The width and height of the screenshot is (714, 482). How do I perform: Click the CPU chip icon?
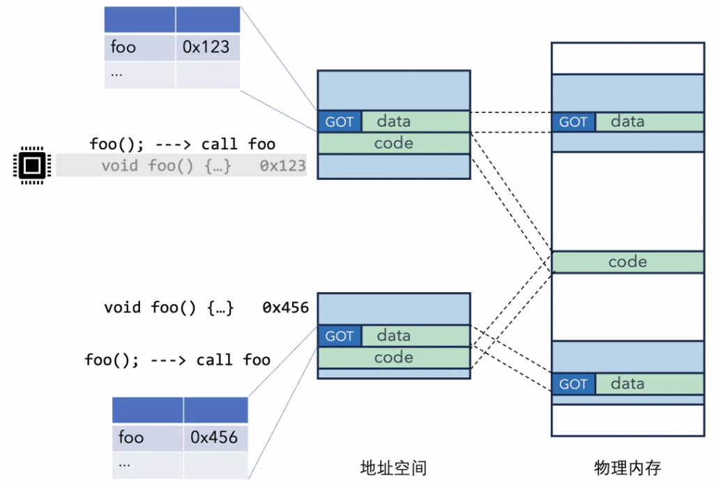[32, 165]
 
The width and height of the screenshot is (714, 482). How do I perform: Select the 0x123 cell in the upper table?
[208, 47]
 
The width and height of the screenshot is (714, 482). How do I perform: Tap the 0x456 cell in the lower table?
[216, 438]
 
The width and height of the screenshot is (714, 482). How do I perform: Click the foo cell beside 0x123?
[139, 47]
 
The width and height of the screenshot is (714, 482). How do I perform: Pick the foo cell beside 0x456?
[148, 438]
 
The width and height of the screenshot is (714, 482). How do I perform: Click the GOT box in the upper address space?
[340, 121]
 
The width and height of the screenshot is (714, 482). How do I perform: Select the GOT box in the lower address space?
[340, 336]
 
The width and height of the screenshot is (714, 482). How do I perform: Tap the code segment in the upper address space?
[394, 144]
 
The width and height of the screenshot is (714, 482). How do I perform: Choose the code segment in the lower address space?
[394, 358]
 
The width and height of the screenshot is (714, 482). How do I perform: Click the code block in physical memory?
[628, 262]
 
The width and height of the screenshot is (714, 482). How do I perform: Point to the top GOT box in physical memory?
[574, 121]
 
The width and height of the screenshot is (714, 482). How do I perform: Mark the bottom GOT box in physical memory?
[574, 384]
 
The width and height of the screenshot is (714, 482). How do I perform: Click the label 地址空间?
[393, 468]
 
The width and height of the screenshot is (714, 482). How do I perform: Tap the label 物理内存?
[628, 468]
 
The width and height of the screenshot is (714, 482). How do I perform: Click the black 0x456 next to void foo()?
[285, 308]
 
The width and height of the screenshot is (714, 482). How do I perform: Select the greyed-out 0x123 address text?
[283, 165]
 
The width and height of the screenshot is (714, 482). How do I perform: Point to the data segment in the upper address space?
[416, 121]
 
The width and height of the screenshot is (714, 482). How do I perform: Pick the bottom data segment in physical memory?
[650, 384]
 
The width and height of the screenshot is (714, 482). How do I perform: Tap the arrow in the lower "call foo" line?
[168, 361]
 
